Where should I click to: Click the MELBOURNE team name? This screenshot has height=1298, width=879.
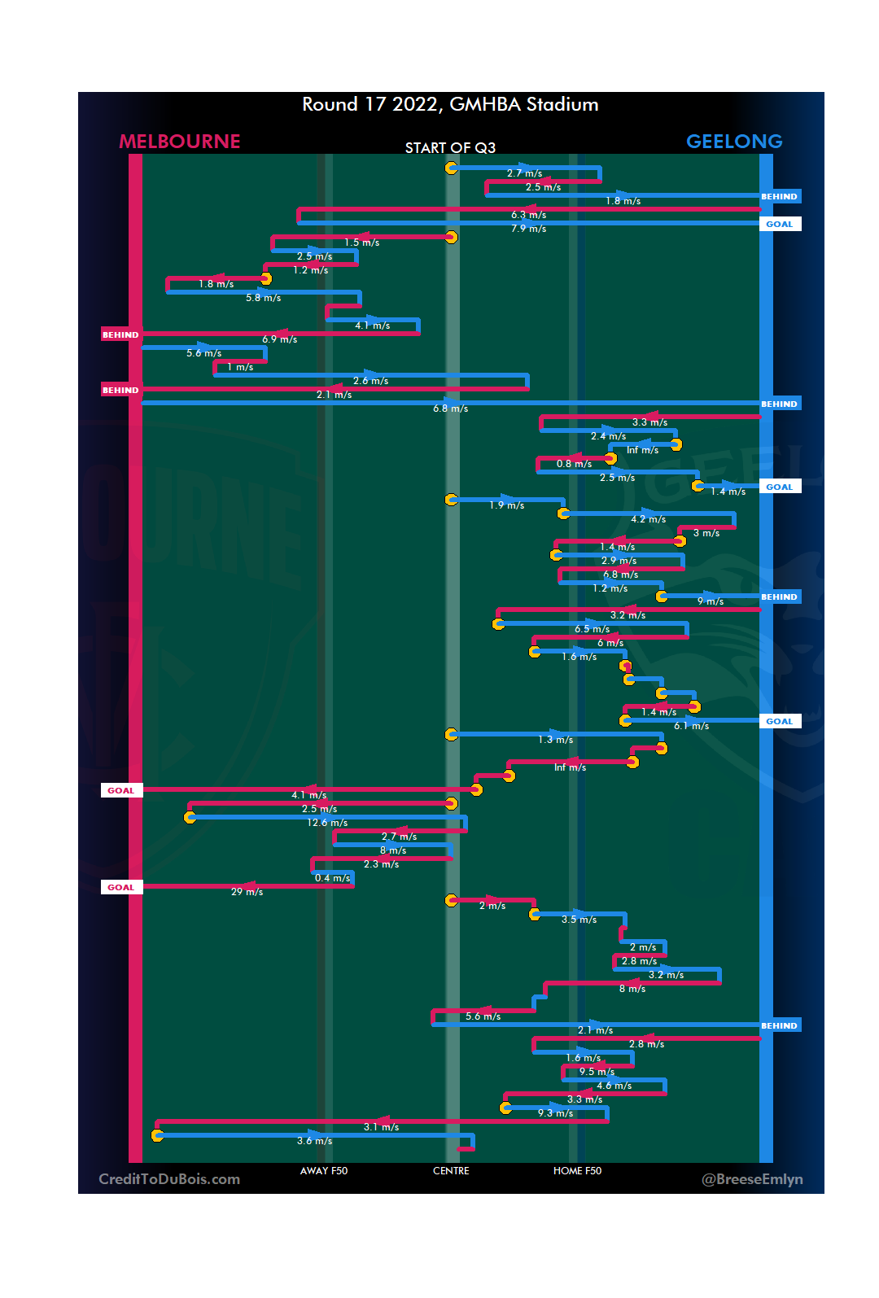point(180,142)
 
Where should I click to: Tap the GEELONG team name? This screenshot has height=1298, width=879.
point(734,142)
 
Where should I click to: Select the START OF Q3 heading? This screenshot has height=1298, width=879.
point(450,148)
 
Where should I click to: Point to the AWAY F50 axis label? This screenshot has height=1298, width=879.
point(324,1171)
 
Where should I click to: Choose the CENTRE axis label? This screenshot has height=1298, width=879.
point(451,1171)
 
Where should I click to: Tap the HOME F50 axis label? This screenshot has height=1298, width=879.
point(577,1171)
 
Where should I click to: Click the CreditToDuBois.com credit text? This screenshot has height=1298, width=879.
point(169,1179)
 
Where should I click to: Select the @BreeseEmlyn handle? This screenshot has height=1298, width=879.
point(752,1179)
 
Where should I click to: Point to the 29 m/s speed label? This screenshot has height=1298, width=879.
point(247,892)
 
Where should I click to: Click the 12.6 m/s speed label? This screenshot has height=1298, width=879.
point(327,823)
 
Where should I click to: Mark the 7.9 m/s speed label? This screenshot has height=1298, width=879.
point(528,229)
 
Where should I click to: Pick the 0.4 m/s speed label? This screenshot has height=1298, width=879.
point(332,878)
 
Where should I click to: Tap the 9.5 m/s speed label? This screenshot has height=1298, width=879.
point(597,1072)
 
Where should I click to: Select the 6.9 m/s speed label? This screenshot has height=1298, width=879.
point(279,339)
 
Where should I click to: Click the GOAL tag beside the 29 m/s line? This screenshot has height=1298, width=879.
point(121,887)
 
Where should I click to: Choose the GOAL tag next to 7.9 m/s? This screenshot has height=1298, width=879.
point(779,224)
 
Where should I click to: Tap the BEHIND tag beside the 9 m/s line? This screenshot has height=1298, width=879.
point(779,597)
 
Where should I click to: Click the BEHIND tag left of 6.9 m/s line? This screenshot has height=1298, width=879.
point(120,334)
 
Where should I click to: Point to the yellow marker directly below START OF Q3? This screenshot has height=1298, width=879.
point(451,168)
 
